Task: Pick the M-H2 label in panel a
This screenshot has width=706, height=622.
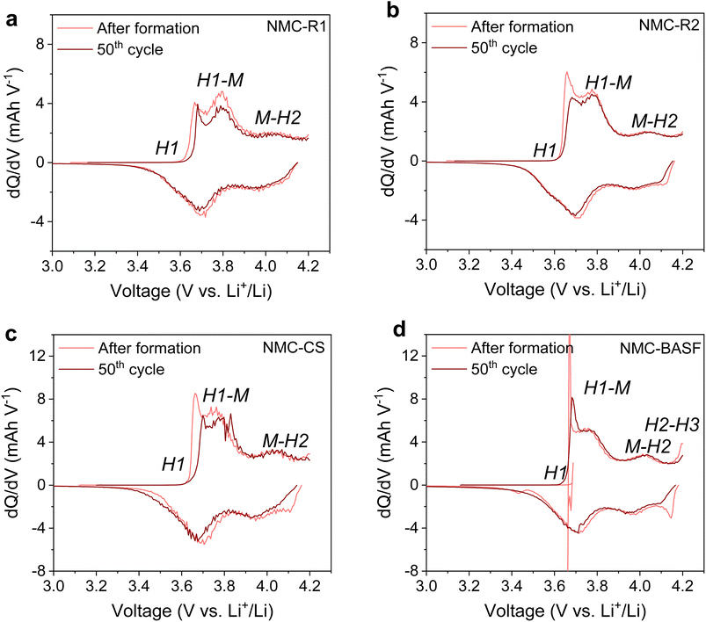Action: click(280, 118)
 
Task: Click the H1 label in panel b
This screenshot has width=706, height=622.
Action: click(544, 150)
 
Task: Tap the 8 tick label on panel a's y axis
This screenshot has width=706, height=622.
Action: click(40, 43)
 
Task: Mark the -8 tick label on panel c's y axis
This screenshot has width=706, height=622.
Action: click(38, 570)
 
